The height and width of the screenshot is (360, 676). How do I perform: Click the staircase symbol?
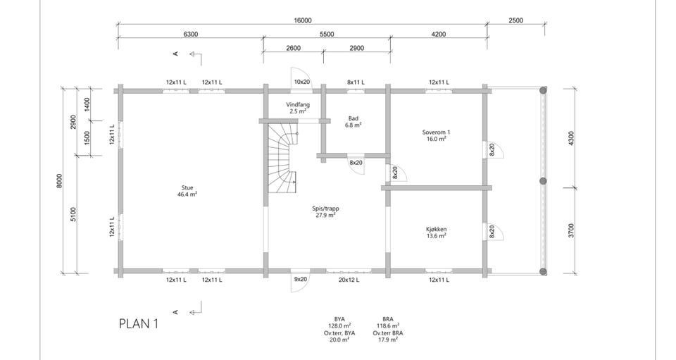coord(282,159)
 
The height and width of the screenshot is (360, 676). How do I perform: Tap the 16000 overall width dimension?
coord(303,20)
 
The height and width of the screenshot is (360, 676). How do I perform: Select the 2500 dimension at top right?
coord(515,20)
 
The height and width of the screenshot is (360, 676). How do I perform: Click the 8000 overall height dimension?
coord(59,181)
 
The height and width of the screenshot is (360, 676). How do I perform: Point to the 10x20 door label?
coord(302,82)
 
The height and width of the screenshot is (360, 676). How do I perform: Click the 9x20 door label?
coord(301,280)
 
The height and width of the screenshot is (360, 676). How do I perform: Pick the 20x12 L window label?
coord(349,280)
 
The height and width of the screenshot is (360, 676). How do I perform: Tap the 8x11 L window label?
coord(356,82)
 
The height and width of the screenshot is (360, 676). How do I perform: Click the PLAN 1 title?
coord(139,324)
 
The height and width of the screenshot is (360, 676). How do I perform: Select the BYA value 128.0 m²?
coord(339,326)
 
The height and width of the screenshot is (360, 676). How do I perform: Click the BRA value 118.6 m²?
coord(387,326)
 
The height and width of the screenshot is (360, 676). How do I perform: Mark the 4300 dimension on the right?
coord(571,138)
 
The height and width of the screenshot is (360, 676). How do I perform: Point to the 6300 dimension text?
coord(191,34)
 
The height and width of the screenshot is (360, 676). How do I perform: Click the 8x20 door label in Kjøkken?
coord(492,232)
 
